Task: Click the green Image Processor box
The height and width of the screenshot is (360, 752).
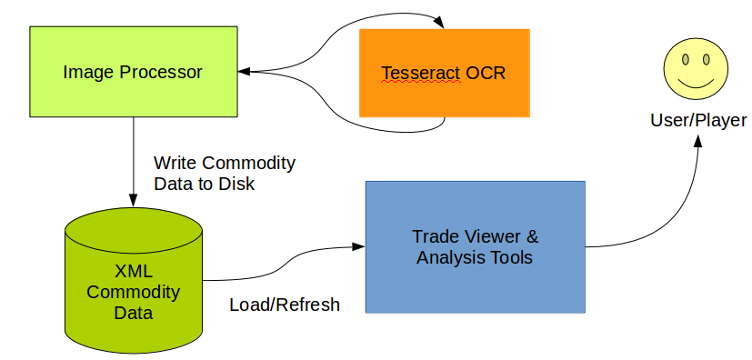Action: (134, 72)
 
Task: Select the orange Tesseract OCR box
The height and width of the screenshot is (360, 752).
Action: (445, 73)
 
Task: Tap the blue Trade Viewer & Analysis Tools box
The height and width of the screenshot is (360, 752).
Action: (476, 247)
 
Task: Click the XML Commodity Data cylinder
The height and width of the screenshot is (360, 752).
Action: (134, 280)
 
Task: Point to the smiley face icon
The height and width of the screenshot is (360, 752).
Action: (696, 68)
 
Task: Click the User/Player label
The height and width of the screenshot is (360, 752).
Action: (698, 120)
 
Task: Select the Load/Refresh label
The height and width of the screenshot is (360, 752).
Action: (285, 305)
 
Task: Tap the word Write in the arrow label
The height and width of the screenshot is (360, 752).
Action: (175, 163)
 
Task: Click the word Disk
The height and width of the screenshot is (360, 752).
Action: (237, 184)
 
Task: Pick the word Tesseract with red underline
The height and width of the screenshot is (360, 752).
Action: (421, 74)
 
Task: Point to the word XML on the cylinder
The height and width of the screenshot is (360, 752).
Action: (134, 271)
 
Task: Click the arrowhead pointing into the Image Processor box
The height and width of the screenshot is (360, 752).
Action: (245, 72)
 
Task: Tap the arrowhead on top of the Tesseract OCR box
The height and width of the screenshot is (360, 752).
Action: (438, 23)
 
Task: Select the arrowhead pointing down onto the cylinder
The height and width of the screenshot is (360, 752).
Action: (134, 200)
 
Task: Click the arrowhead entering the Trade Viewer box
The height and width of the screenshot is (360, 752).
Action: (359, 246)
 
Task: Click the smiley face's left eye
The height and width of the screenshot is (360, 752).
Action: (686, 59)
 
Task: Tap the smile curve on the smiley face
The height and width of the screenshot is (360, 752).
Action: (696, 85)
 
